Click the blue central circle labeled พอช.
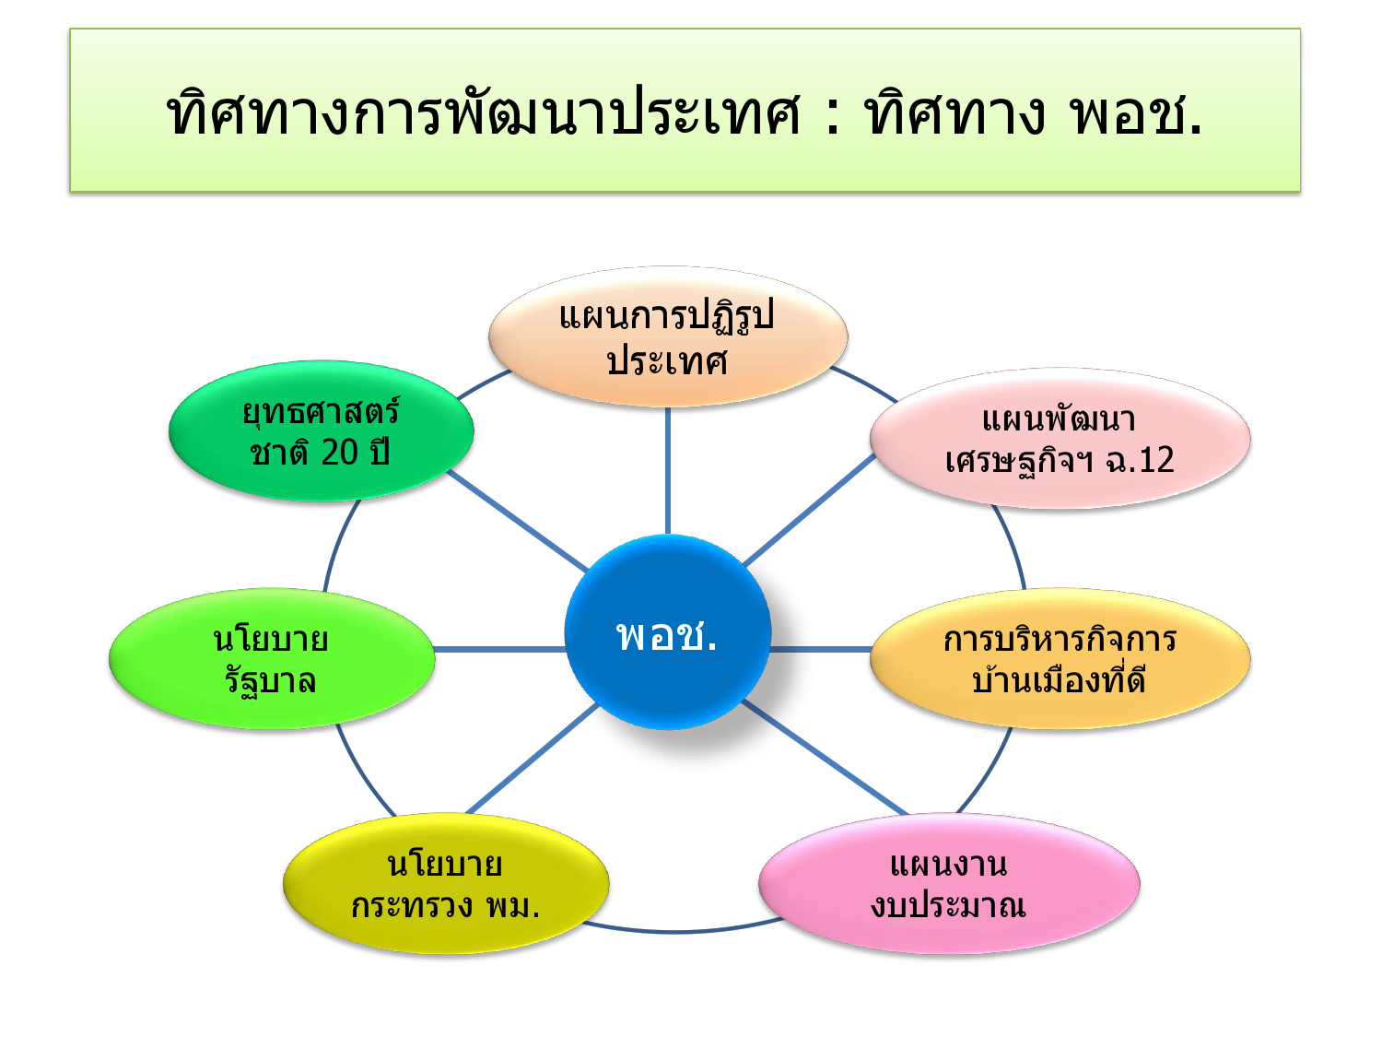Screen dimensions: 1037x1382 point(667,632)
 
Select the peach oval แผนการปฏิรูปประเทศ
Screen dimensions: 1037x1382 point(667,337)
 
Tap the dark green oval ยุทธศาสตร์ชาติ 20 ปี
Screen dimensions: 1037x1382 point(321,431)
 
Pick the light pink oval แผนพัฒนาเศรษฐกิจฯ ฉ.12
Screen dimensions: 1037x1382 point(1060,439)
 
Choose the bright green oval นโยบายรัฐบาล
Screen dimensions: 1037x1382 point(271,659)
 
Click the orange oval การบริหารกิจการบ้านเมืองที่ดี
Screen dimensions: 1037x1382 point(1060,659)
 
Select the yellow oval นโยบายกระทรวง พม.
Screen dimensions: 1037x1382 point(445,884)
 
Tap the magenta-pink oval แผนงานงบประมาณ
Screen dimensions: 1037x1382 point(948,884)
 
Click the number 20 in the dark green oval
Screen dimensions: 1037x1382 point(339,453)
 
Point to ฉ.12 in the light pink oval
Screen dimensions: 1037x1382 point(1140,460)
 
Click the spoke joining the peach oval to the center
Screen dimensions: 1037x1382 point(667,470)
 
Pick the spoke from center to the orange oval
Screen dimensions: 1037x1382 point(820,650)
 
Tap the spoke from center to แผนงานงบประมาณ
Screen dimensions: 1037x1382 point(825,758)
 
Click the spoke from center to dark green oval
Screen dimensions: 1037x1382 point(516,519)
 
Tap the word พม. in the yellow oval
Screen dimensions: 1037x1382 point(512,906)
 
